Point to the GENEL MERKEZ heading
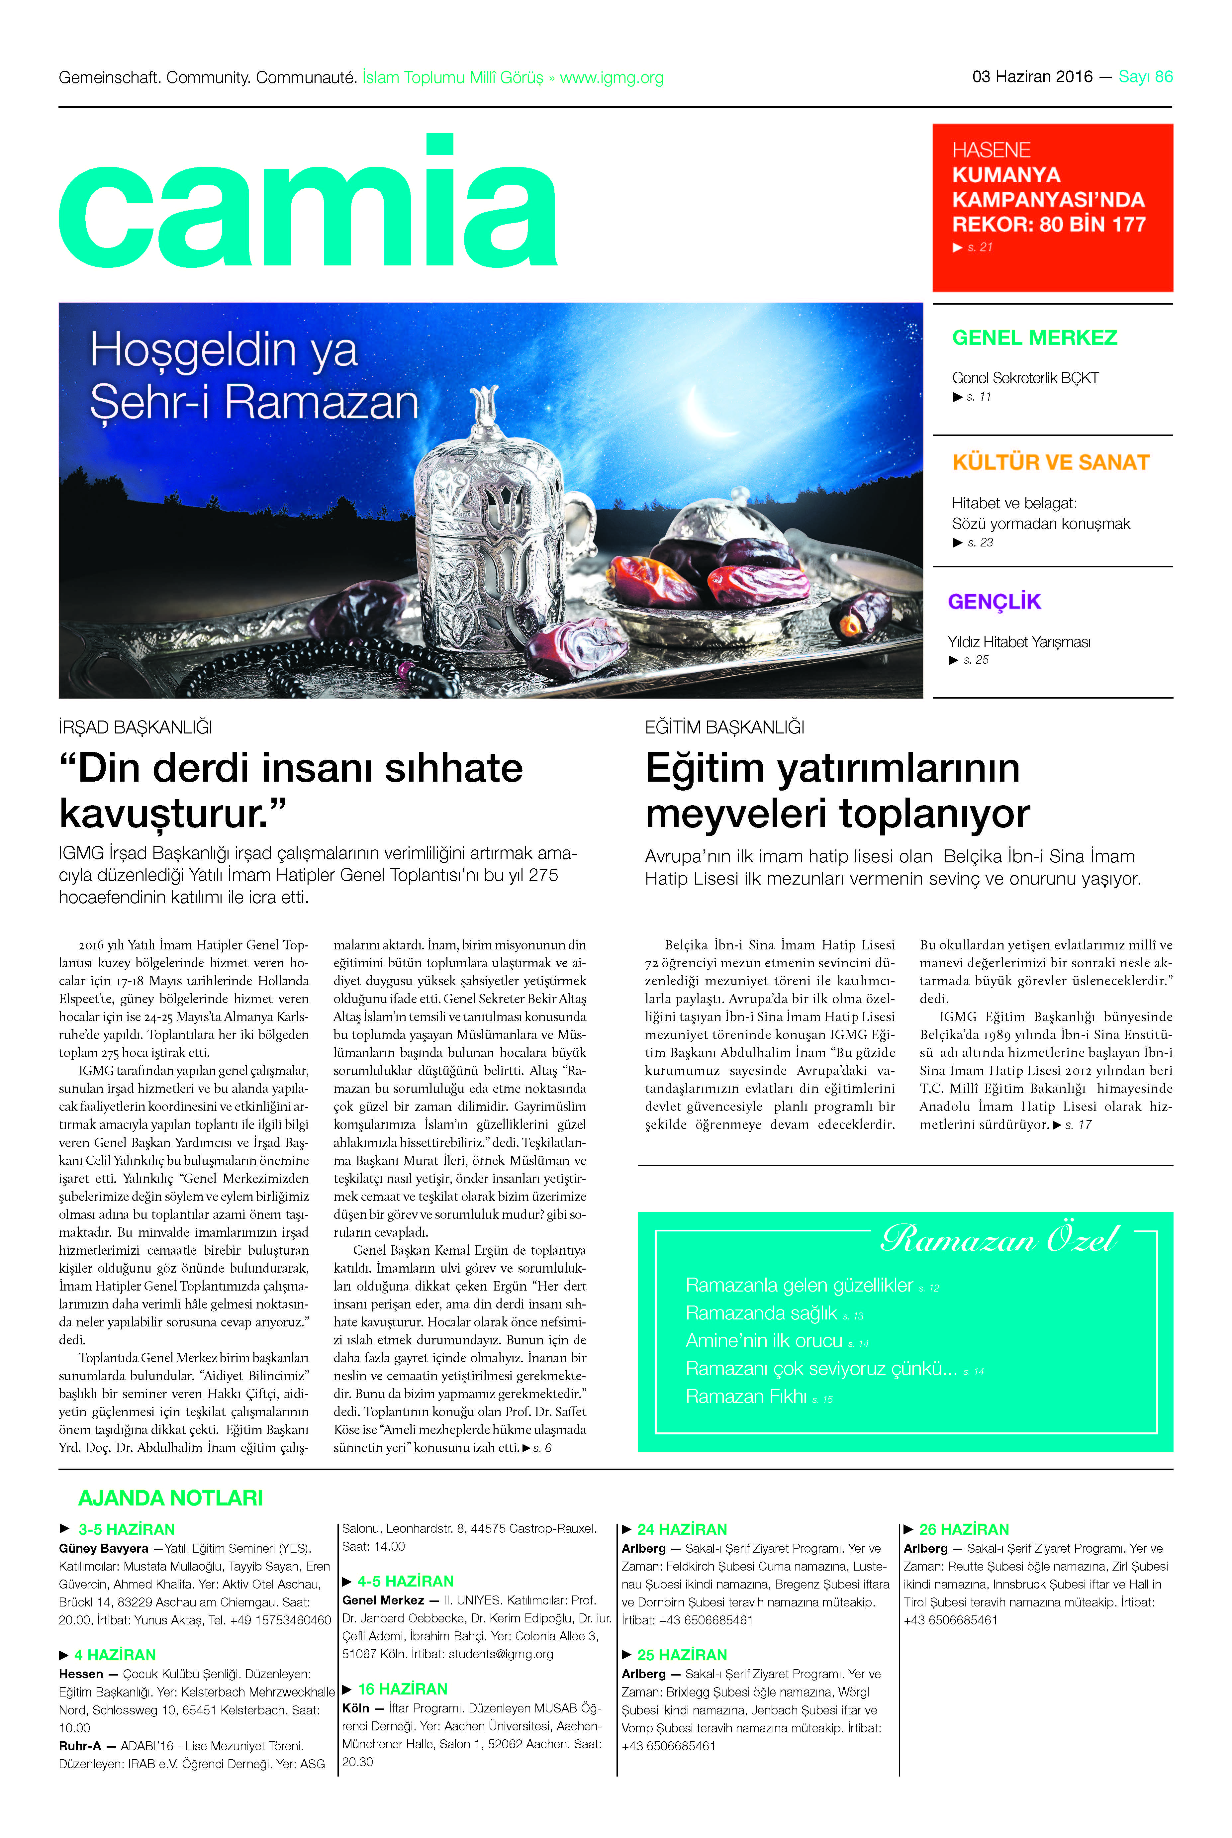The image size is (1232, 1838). (1034, 338)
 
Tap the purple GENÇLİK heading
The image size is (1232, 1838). (994, 602)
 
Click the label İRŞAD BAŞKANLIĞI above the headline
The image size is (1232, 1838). (135, 727)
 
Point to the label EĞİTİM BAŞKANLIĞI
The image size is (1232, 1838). (724, 727)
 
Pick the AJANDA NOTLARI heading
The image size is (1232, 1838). (170, 1498)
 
